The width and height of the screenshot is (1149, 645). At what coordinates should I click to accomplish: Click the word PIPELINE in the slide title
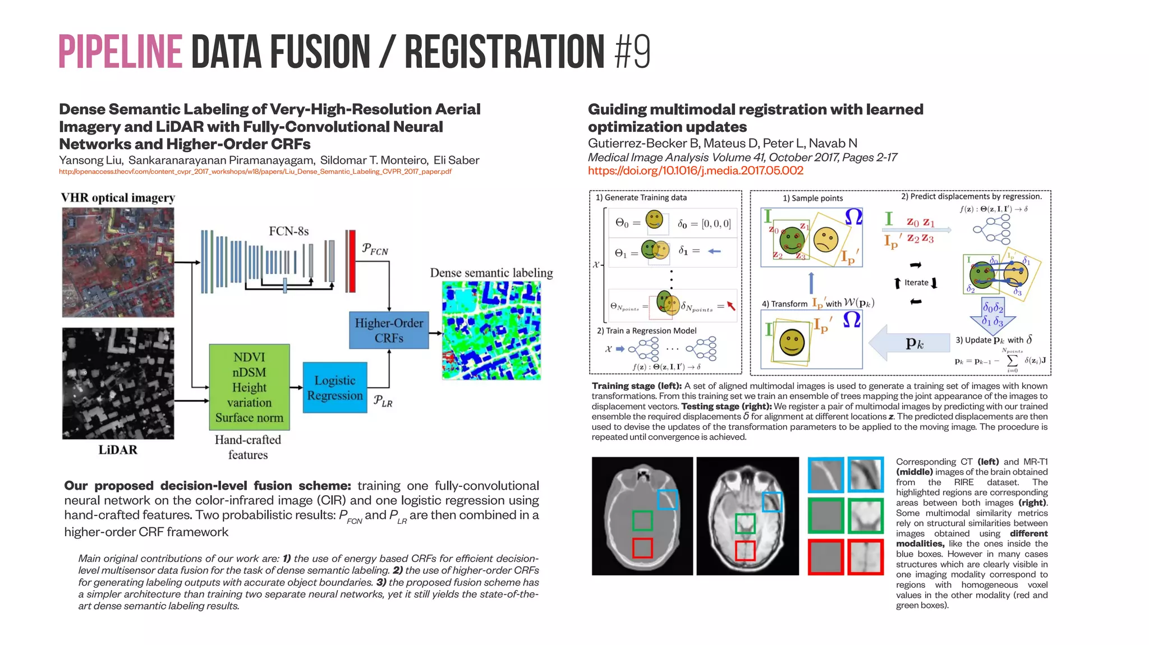click(x=120, y=52)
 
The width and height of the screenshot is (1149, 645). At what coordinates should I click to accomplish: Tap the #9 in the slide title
click(x=632, y=52)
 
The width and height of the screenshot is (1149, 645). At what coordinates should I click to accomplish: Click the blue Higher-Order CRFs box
click(x=389, y=330)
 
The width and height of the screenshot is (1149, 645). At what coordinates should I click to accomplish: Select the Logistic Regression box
click(x=335, y=388)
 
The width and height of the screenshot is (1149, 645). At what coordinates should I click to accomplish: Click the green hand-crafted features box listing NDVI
click(x=249, y=388)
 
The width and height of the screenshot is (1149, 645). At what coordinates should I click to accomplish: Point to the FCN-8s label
click(x=288, y=231)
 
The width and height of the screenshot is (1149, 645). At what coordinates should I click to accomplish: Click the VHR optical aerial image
click(x=118, y=262)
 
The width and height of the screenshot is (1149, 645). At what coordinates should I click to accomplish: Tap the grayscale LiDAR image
click(x=118, y=384)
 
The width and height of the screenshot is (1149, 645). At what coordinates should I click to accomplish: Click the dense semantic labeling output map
click(x=491, y=330)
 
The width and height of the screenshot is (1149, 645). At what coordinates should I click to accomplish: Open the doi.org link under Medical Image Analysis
click(x=696, y=171)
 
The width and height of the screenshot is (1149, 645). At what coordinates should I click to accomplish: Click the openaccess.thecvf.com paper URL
click(x=255, y=172)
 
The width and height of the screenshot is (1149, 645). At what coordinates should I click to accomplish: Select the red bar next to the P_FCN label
click(x=351, y=261)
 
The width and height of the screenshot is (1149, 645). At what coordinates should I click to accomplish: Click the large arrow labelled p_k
click(x=909, y=343)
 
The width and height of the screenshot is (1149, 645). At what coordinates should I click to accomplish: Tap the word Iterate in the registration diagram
click(x=916, y=283)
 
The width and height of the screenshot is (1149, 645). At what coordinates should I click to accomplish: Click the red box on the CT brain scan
click(x=642, y=547)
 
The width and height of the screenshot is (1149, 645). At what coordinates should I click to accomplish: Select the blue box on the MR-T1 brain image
click(x=772, y=501)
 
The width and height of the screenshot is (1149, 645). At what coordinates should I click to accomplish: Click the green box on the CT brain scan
click(x=642, y=520)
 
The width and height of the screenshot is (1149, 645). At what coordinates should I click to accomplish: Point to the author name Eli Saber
click(x=456, y=160)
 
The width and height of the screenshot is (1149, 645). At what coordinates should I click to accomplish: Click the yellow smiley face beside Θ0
click(x=654, y=219)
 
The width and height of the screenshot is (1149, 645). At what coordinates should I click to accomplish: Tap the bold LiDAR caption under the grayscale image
click(x=118, y=450)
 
